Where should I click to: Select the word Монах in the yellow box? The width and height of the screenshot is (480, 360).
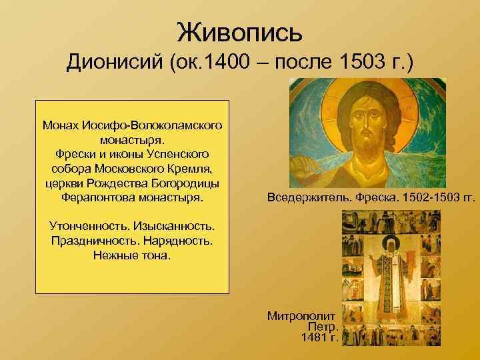click(x=61, y=125)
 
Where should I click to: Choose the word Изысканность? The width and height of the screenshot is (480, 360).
click(x=175, y=227)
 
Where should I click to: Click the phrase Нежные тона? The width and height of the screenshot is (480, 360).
click(x=133, y=256)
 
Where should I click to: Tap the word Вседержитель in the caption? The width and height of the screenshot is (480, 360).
click(x=306, y=198)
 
